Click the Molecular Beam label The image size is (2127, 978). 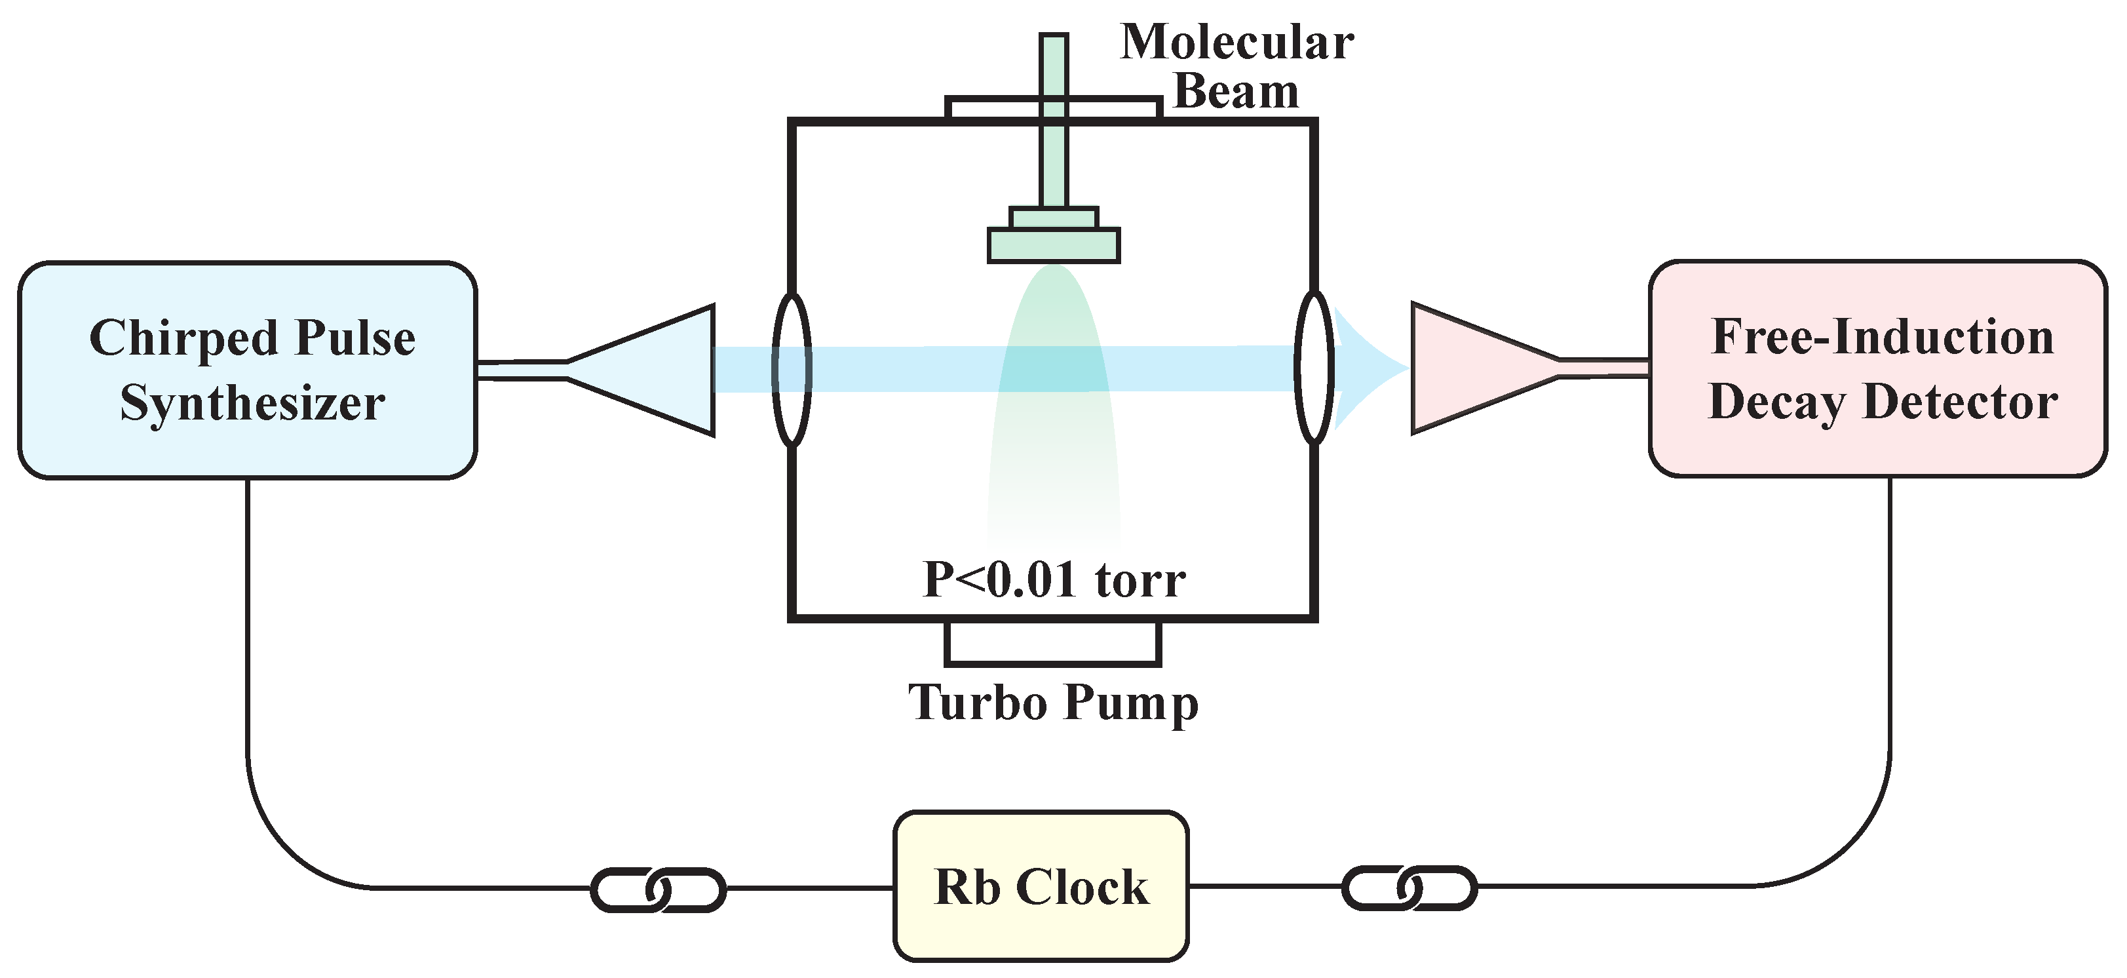(1236, 66)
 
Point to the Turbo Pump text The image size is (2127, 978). (1053, 703)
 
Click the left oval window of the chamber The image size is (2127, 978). (792, 369)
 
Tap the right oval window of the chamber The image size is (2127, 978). (1314, 368)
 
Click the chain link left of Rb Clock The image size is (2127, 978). (658, 890)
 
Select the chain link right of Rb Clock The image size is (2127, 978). (1409, 888)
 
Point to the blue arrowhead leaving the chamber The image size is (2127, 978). (1362, 368)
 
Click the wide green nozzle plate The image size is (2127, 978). (1054, 245)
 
